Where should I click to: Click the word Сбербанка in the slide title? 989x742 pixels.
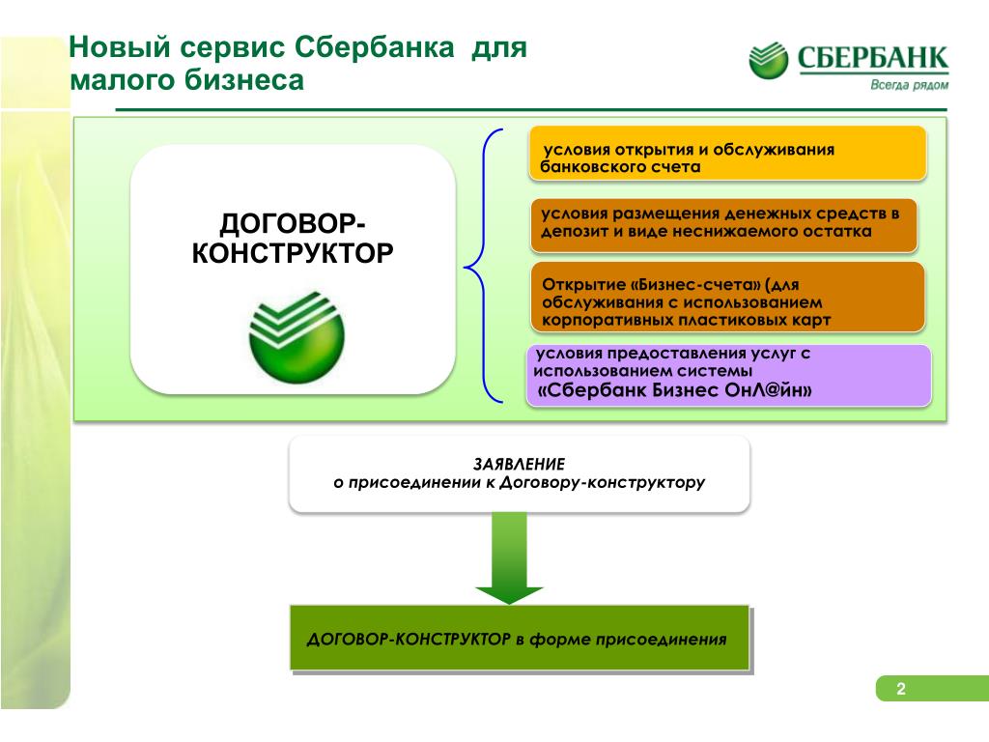[374, 47]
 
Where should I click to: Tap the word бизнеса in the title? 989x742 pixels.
[244, 80]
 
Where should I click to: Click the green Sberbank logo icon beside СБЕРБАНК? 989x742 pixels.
[768, 61]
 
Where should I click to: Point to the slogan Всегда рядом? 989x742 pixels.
[910, 85]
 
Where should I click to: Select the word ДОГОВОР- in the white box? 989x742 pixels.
[293, 223]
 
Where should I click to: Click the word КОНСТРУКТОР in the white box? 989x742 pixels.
[293, 253]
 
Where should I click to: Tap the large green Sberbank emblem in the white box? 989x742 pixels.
[297, 337]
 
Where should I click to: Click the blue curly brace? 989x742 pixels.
[485, 266]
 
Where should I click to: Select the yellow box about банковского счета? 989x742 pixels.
[728, 154]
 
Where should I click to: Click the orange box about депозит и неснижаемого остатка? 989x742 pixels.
[724, 225]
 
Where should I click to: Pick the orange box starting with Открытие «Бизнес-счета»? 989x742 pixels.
[728, 298]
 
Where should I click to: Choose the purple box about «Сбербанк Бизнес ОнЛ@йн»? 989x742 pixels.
[729, 375]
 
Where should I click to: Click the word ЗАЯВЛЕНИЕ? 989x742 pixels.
[519, 465]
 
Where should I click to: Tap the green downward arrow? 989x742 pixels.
[509, 557]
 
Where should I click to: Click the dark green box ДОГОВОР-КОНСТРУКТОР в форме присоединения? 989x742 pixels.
[519, 638]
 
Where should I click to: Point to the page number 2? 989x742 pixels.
[901, 689]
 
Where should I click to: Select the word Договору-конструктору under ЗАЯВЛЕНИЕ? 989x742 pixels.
[603, 483]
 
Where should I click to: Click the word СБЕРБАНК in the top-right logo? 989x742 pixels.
[873, 58]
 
